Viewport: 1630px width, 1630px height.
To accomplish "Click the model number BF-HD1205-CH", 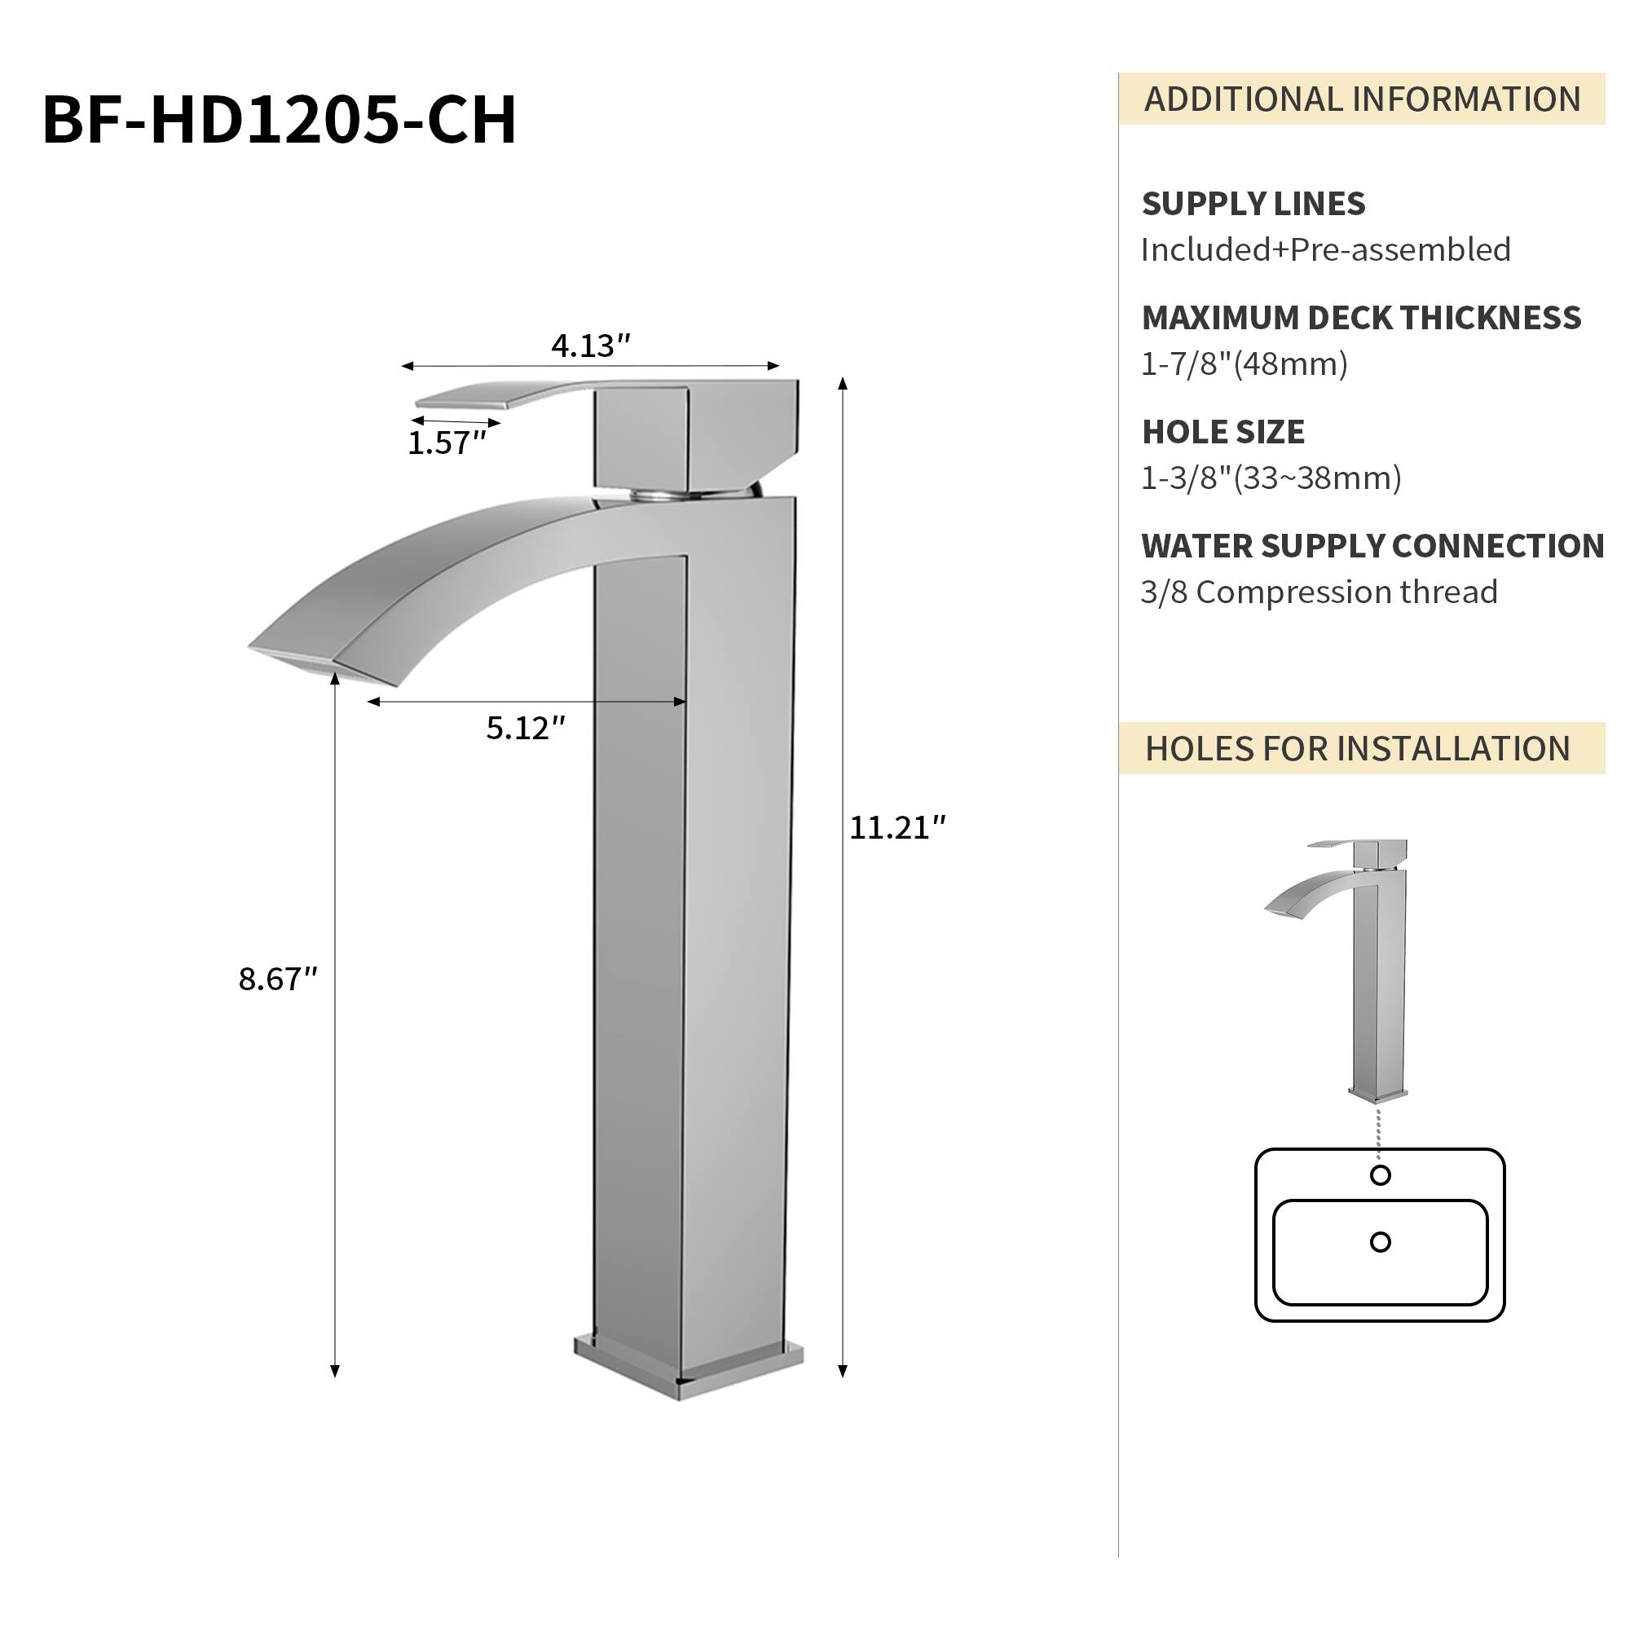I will (x=280, y=120).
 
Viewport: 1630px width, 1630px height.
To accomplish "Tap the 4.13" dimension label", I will (x=591, y=346).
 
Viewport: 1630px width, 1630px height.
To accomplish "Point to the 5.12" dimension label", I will (x=525, y=728).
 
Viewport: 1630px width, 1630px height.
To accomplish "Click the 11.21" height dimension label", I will (x=896, y=829).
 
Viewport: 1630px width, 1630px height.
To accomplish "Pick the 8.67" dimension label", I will (x=278, y=980).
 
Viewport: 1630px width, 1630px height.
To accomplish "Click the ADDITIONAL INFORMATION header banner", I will (x=1361, y=99).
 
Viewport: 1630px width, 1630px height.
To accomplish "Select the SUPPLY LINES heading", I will (x=1253, y=205).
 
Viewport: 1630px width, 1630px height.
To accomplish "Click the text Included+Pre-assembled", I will (x=1325, y=250).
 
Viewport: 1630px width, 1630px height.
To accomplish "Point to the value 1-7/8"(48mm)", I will (x=1244, y=364).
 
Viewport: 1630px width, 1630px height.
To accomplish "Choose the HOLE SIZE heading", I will (x=1222, y=433).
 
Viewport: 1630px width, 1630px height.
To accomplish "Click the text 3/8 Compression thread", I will (x=1319, y=593).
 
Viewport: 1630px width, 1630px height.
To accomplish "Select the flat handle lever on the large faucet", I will (x=506, y=394).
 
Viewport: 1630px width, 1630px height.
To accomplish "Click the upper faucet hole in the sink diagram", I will (x=1381, y=1175).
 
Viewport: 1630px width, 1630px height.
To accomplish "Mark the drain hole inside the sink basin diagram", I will (x=1381, y=1242).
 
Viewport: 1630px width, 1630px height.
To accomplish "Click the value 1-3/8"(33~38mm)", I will (x=1271, y=479).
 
